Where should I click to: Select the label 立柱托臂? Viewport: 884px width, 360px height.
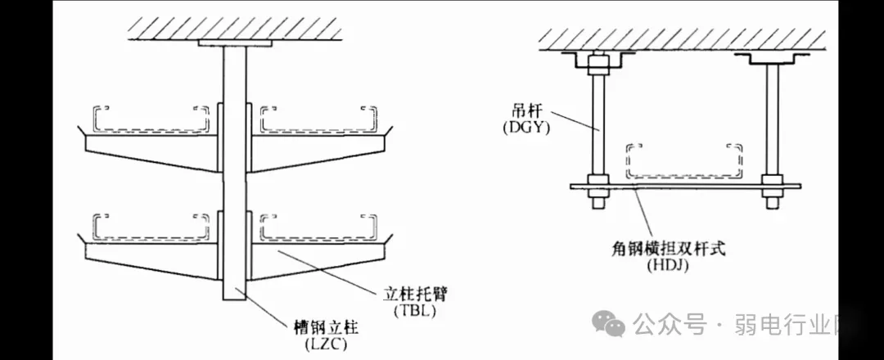413,293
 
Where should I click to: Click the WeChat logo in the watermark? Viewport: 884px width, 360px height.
609,324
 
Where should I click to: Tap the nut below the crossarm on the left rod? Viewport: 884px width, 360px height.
595,197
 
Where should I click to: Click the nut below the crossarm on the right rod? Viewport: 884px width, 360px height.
771,197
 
